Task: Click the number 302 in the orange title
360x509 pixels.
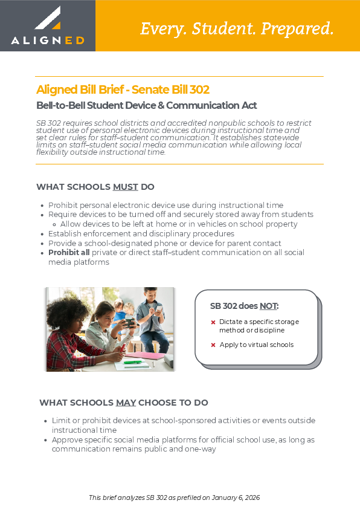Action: click(199, 90)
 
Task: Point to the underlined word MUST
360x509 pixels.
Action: click(125, 187)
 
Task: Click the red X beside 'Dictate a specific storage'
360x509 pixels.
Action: click(213, 322)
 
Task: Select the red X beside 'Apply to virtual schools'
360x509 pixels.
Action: click(213, 345)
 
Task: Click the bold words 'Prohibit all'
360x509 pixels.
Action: click(69, 252)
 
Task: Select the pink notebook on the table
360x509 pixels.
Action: click(149, 356)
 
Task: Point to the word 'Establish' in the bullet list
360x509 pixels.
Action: click(65, 233)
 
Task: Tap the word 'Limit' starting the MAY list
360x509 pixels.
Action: click(61, 421)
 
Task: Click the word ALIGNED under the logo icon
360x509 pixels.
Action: click(47, 41)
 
